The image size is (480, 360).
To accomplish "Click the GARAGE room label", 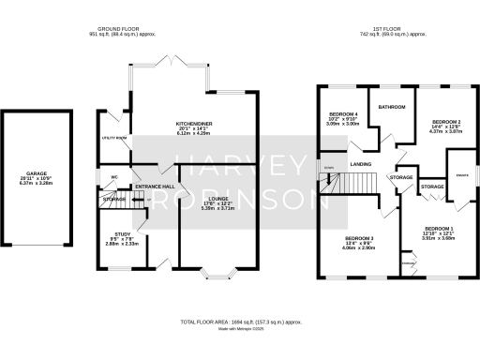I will [37, 173].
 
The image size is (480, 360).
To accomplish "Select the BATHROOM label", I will [391, 108].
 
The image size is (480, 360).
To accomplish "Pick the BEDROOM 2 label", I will [445, 122].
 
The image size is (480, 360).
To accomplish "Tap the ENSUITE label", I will [460, 174].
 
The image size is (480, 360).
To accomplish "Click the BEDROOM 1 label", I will [437, 228].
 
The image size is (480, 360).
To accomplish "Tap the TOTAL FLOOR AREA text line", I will [240, 321].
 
